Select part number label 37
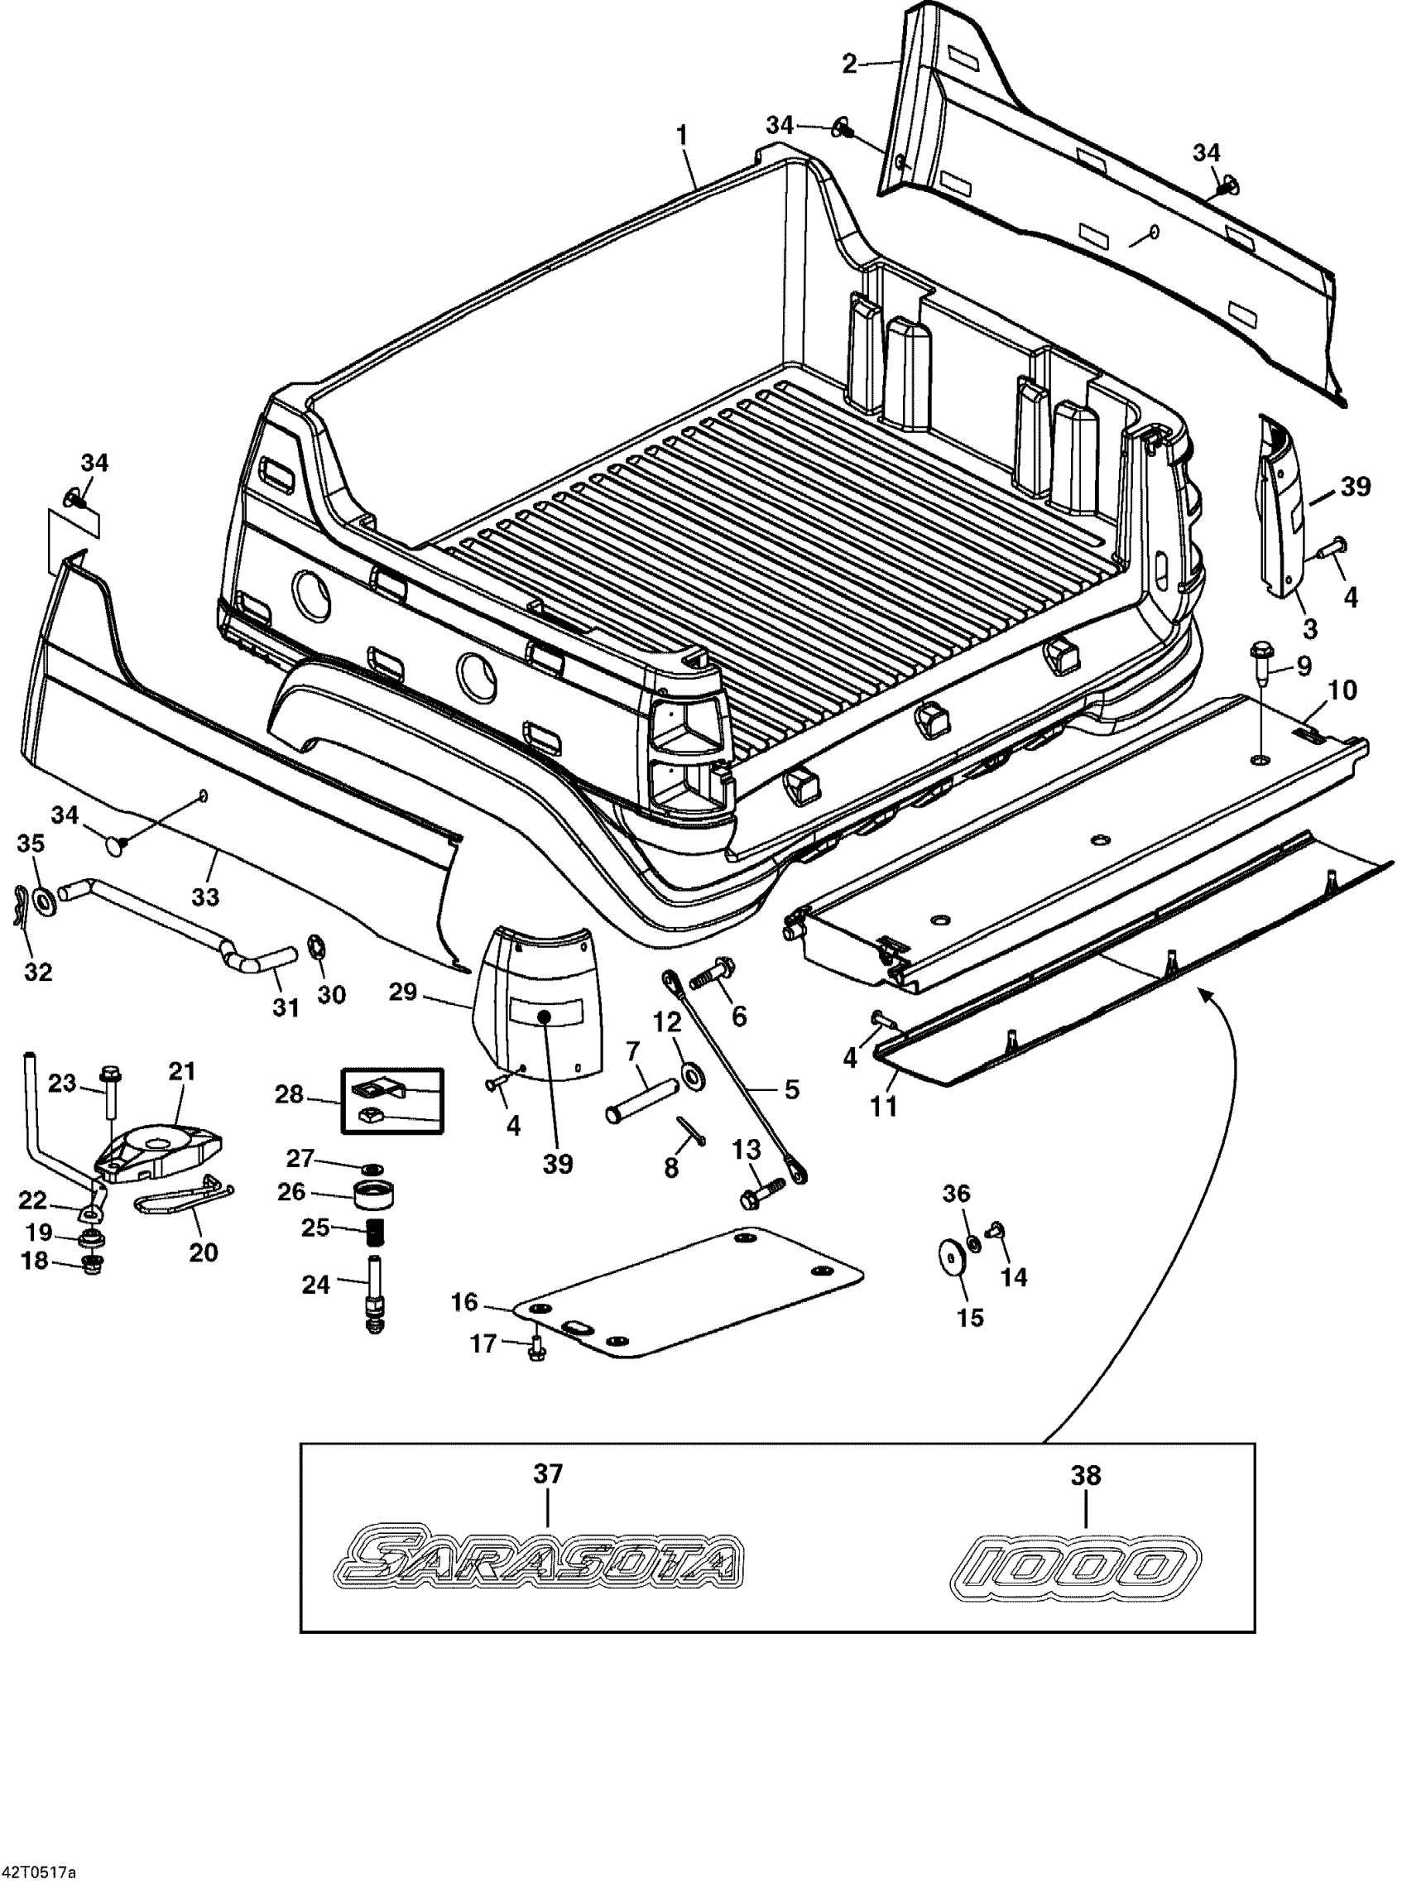pos(548,1474)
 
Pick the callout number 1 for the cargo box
pos(682,136)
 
